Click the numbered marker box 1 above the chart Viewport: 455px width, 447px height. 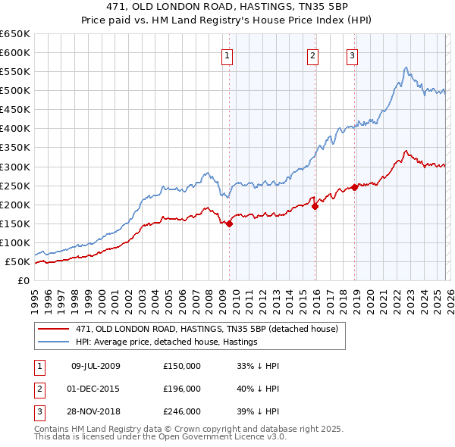[227, 54]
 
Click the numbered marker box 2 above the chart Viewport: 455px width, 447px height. [312, 54]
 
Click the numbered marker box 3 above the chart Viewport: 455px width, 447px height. [353, 54]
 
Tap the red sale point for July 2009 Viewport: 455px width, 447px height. [230, 223]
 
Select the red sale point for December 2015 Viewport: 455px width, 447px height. [315, 206]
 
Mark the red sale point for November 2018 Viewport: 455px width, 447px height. [355, 187]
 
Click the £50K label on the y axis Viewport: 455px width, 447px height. [17, 262]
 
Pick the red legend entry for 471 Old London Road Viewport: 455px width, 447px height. [211, 328]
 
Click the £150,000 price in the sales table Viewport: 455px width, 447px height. [182, 366]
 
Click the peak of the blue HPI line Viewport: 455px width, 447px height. [406, 67]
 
